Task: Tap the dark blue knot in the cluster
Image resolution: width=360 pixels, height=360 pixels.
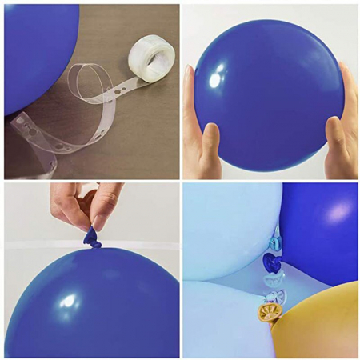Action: click(271, 262)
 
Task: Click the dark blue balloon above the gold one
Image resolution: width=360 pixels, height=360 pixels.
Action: click(320, 232)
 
